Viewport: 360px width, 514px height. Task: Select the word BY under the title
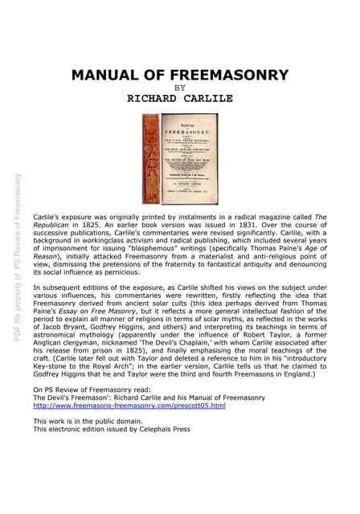pyautogui.click(x=179, y=88)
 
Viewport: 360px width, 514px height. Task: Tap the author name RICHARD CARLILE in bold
pyautogui.click(x=179, y=99)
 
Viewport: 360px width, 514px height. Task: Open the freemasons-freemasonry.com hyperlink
pyautogui.click(x=129, y=406)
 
